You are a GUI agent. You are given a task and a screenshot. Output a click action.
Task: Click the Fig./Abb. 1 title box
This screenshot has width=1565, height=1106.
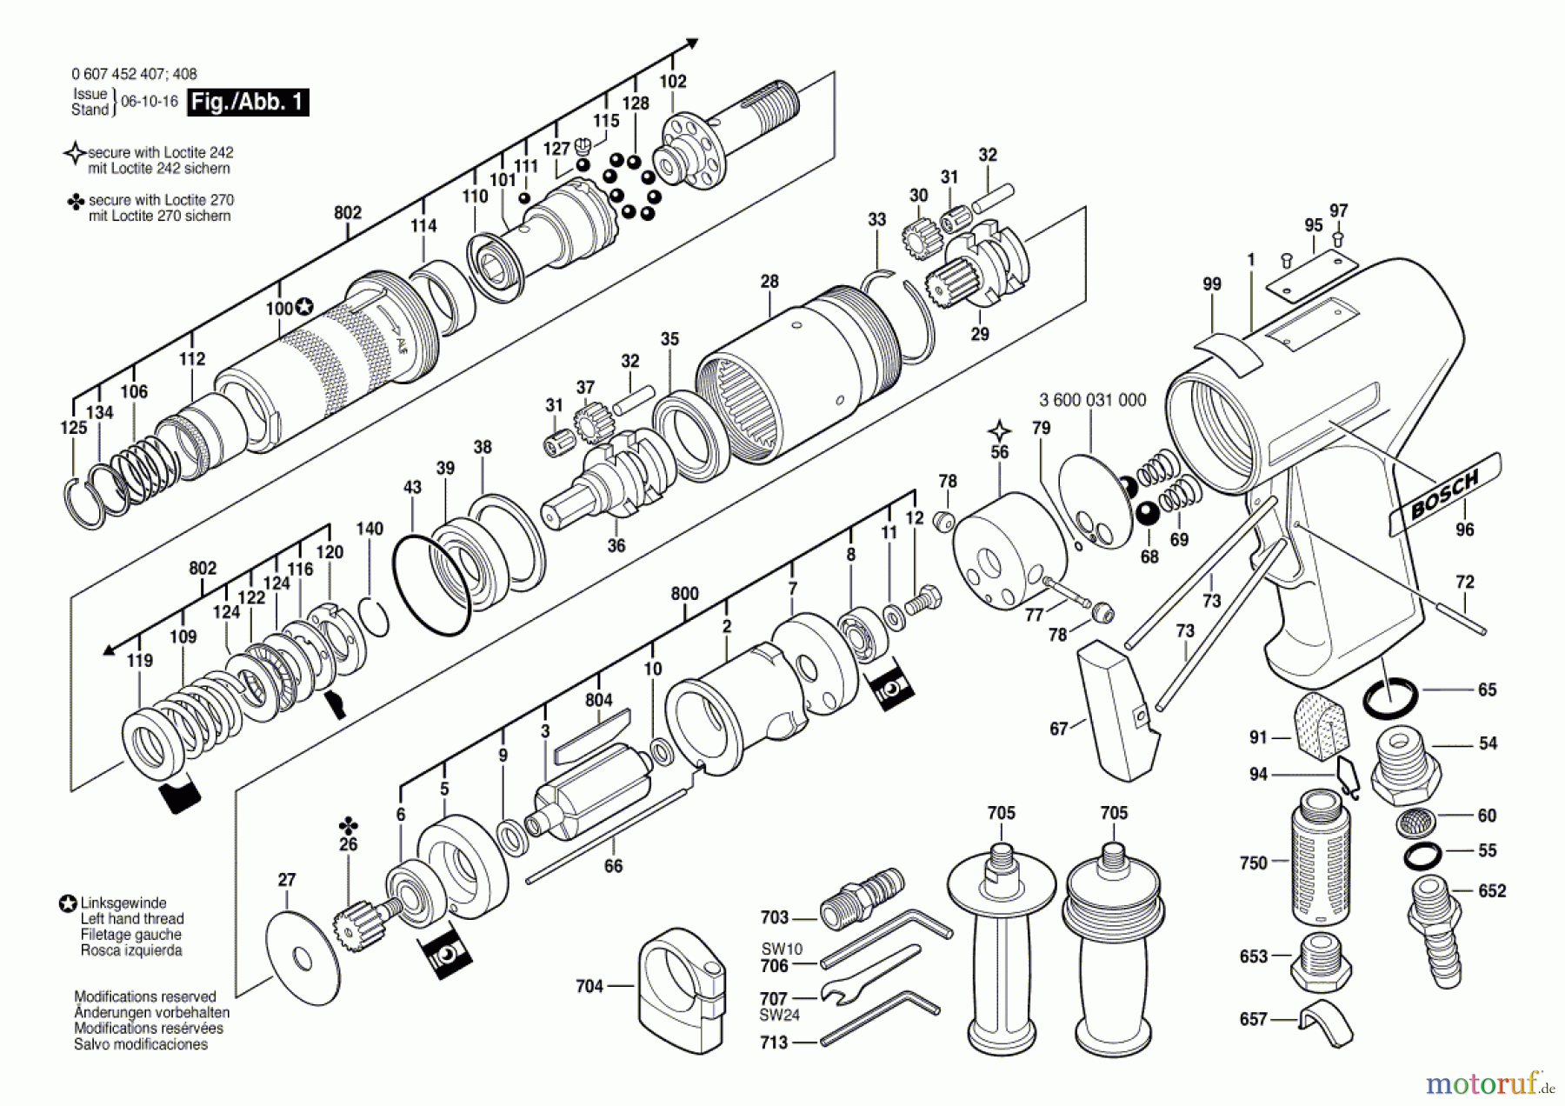tap(248, 103)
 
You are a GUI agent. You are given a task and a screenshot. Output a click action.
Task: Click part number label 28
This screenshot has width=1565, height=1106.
tap(769, 282)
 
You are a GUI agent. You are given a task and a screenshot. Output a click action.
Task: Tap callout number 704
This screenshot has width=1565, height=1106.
tap(589, 986)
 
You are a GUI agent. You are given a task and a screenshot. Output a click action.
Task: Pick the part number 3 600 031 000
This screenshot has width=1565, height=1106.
tap(1092, 400)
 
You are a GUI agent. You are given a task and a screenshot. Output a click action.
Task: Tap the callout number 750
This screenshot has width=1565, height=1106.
tap(1253, 863)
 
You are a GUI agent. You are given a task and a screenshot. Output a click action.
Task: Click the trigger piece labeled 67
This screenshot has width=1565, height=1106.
tap(1116, 709)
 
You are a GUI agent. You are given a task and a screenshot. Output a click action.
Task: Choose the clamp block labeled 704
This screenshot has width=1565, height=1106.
tap(682, 991)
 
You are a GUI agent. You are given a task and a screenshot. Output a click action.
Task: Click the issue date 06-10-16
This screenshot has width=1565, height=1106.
tap(149, 102)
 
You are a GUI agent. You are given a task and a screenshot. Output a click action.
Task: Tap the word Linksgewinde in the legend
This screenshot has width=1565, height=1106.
tap(123, 903)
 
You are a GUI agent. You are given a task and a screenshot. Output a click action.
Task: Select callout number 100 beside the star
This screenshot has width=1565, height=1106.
tap(279, 309)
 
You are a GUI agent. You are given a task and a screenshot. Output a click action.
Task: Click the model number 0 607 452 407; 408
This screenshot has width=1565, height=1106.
tap(134, 75)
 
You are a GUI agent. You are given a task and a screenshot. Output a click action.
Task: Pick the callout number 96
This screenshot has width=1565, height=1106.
tap(1465, 530)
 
